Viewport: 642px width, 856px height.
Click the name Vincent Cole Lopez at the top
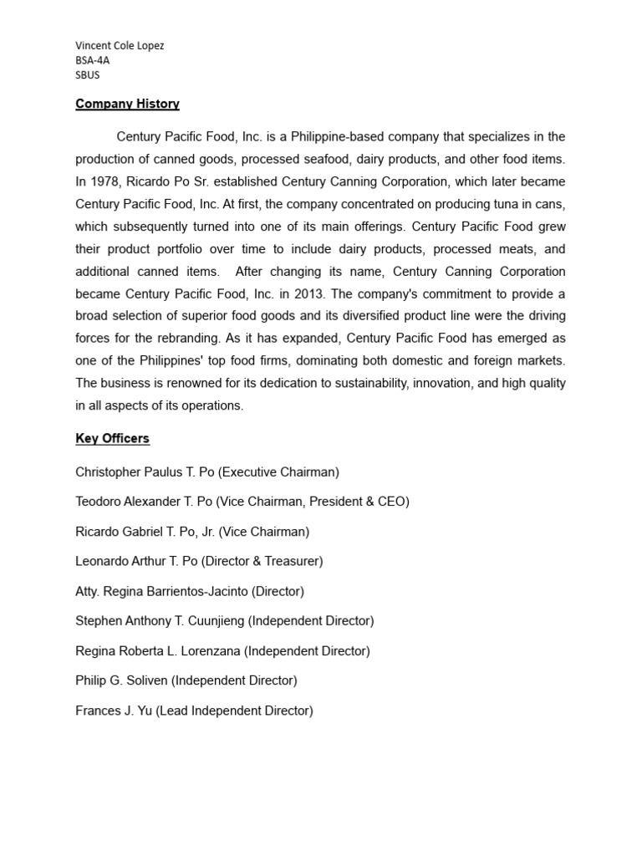120,46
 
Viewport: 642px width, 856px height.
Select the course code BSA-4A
93,60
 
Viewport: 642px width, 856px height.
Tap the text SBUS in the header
88,74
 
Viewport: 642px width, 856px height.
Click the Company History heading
127,104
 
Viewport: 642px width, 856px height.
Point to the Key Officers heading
112,439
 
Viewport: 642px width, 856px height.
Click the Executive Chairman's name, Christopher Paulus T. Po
145,472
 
